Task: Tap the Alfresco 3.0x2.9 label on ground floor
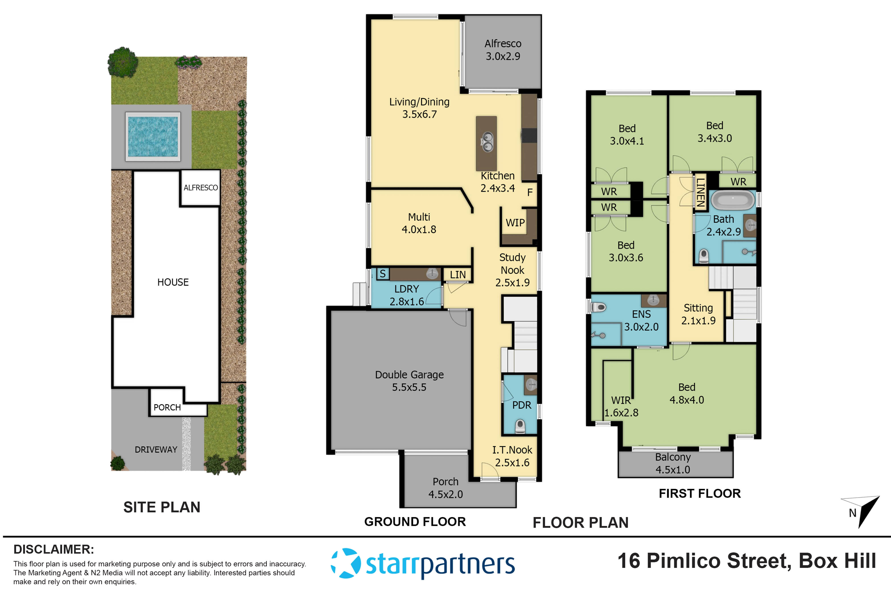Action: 503,50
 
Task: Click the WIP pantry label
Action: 515,223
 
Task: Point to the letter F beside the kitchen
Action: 530,192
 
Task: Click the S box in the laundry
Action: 383,274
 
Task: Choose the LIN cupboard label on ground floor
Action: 458,275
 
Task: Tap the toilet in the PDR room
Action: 520,426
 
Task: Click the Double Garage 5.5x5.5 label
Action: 409,381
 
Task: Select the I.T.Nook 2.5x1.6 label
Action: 512,456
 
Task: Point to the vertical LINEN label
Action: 701,192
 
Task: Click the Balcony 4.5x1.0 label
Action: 673,463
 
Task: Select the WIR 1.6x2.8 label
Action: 621,406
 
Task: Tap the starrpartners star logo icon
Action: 345,563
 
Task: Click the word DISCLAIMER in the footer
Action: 54,549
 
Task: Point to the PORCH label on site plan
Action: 167,407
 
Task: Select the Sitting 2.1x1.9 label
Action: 698,314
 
